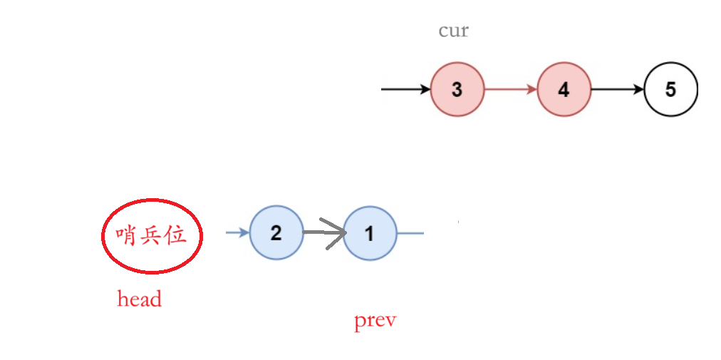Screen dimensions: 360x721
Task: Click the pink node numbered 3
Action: [457, 91]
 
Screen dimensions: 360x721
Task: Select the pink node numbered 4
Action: [564, 91]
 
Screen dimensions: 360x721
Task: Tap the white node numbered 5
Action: [670, 91]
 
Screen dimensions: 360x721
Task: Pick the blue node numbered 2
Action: [276, 232]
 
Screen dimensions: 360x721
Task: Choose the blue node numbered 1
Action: [369, 233]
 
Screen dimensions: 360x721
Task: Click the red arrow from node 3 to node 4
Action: [511, 91]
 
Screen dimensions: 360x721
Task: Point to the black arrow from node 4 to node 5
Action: [617, 91]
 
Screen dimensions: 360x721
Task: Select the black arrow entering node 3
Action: [407, 91]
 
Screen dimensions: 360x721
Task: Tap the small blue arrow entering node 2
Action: [238, 232]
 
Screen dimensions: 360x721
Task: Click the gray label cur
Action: [454, 31]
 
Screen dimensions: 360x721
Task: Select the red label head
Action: [140, 299]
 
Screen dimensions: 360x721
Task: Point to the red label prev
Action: [375, 321]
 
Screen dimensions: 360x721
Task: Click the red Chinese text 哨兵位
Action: [151, 236]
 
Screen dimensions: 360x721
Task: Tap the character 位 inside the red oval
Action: [176, 236]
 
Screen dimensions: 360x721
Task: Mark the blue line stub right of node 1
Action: [410, 233]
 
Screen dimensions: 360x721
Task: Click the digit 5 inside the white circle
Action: [670, 91]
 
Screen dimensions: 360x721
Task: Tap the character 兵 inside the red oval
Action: [151, 236]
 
